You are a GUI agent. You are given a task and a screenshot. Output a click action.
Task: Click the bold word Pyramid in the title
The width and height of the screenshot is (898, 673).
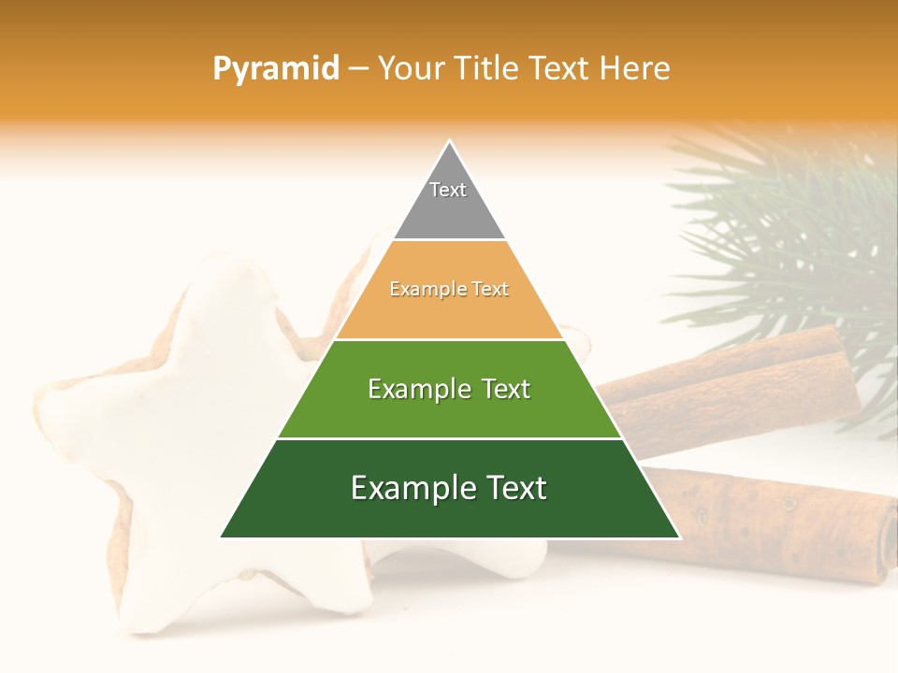point(276,69)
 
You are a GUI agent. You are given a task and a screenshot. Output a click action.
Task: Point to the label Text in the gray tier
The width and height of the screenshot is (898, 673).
point(448,190)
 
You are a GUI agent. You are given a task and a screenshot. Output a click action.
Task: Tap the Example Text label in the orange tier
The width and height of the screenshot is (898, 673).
point(449,290)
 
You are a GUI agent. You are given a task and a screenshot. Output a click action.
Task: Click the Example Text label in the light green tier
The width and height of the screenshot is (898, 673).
point(449,389)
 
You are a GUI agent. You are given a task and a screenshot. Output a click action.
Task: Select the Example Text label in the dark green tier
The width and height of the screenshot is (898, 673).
point(449,488)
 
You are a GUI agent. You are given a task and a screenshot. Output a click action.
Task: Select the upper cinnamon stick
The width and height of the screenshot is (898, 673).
point(730,383)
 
